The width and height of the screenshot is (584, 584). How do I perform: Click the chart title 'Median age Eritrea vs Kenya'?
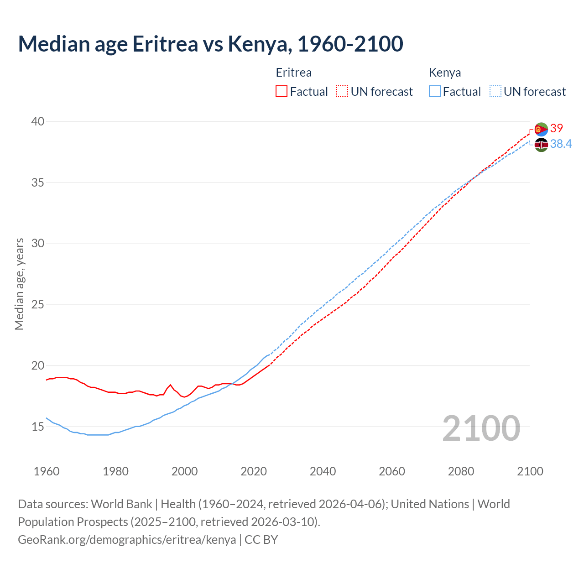click(x=210, y=44)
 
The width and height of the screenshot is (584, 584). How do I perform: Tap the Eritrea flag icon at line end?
click(x=541, y=130)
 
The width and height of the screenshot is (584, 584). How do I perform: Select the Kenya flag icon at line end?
click(x=541, y=145)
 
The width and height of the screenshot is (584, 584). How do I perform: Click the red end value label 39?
click(x=556, y=128)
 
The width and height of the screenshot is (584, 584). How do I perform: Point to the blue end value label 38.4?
click(x=561, y=144)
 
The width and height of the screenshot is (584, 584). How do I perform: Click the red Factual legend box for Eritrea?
click(x=282, y=92)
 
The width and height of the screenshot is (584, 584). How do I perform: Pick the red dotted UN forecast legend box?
click(x=342, y=92)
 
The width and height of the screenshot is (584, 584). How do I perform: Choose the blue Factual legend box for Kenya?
click(x=435, y=92)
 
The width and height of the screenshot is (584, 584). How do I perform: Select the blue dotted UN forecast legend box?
click(x=495, y=92)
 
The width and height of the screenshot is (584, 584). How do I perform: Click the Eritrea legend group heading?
click(x=294, y=73)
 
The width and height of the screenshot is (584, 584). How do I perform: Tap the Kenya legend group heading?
click(x=445, y=73)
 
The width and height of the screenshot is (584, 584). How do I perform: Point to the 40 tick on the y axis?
click(x=38, y=121)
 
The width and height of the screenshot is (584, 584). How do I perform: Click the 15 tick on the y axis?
click(x=38, y=427)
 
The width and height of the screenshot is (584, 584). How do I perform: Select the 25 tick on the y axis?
click(x=38, y=305)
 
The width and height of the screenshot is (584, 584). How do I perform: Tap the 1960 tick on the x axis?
click(x=47, y=471)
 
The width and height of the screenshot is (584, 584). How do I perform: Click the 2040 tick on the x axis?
click(x=323, y=471)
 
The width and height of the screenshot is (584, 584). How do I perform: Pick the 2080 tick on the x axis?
click(x=461, y=471)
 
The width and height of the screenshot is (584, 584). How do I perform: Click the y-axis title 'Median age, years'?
click(x=19, y=284)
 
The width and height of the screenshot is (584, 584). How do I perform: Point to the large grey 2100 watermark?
click(x=481, y=428)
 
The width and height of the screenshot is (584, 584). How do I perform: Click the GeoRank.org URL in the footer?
click(x=127, y=540)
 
